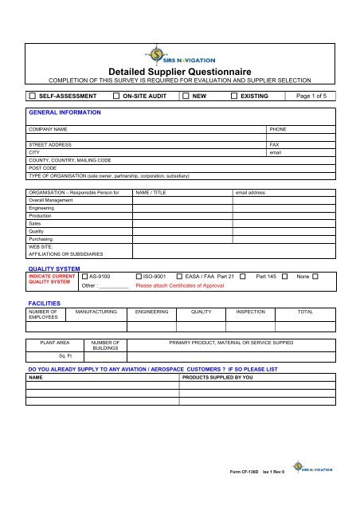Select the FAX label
[275, 145]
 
